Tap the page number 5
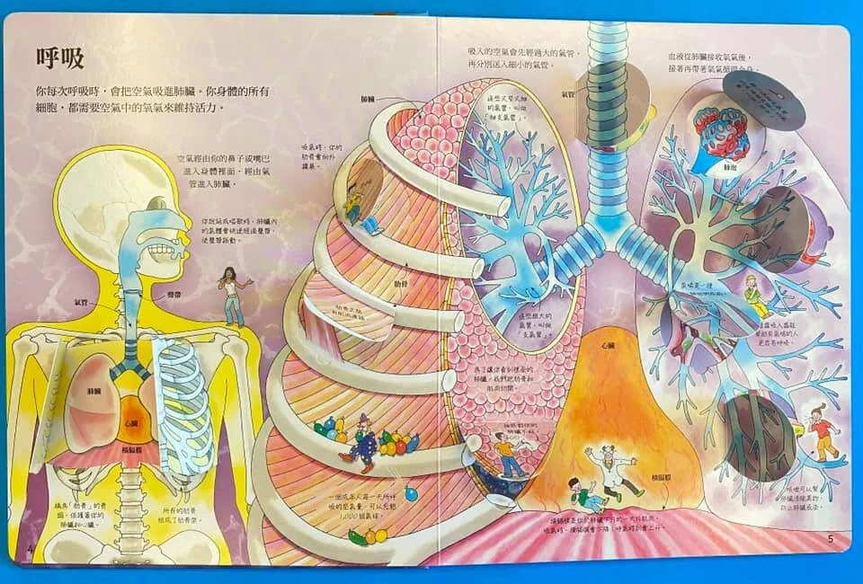point(831,540)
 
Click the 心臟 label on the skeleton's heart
point(132,422)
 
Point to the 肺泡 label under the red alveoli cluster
point(725,167)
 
